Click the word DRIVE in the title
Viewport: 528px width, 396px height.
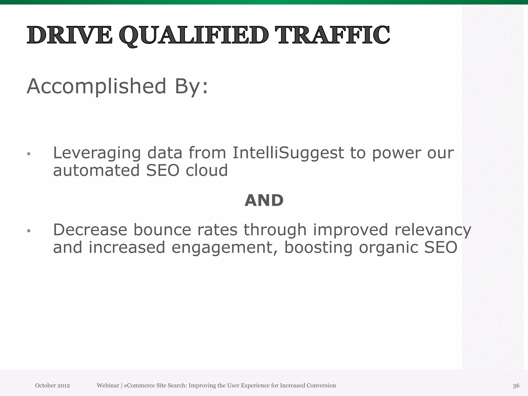(70, 35)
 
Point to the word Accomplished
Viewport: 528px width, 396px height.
(96, 86)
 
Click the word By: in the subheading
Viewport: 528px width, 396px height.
(191, 86)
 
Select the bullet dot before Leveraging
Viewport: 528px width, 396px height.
(29, 154)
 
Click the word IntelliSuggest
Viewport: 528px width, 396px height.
(288, 153)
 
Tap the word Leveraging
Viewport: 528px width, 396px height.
(97, 153)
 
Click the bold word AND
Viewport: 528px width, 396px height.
(264, 201)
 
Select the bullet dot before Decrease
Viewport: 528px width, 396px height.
(29, 231)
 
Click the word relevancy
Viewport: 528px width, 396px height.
(433, 230)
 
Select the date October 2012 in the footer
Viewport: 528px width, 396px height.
(52, 385)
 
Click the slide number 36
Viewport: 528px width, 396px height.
(516, 386)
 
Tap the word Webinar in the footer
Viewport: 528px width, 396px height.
(108, 385)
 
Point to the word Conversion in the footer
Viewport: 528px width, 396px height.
(321, 385)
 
